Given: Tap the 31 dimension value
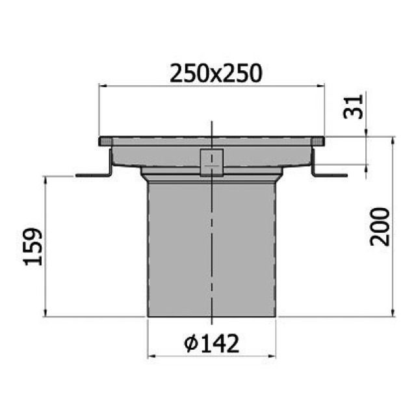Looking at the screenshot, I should [351, 105].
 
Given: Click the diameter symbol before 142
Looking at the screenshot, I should [191, 343].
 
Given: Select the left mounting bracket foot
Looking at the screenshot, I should [92, 175].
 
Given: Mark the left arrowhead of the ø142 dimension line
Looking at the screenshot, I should [151, 356].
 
